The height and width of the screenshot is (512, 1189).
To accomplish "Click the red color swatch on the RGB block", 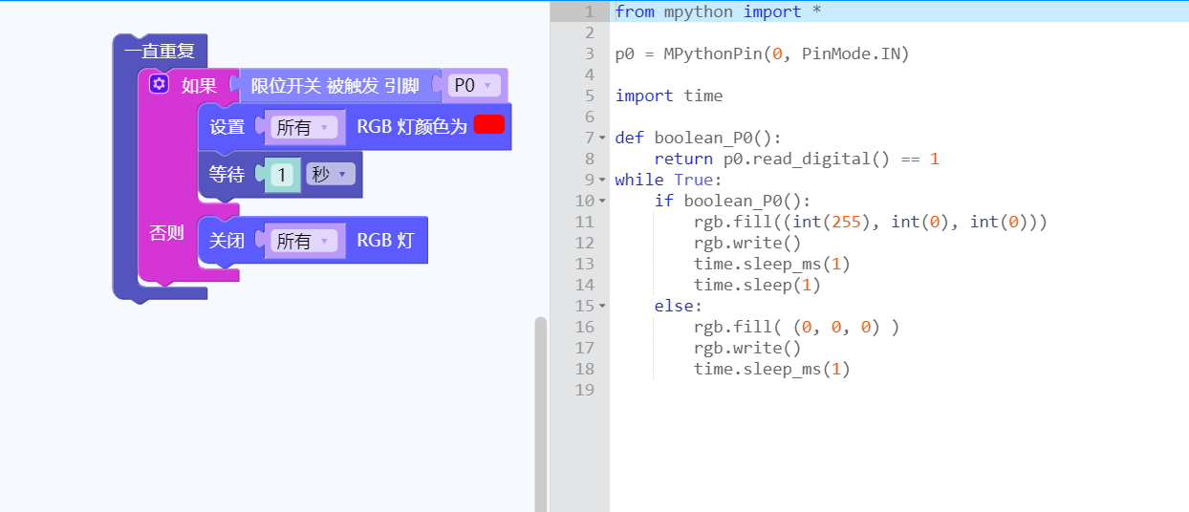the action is point(488,125).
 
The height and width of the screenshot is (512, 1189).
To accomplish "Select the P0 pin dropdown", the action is point(474,85).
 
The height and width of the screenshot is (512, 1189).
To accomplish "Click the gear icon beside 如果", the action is point(159,84).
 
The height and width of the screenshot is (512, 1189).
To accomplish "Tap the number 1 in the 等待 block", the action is point(282,175).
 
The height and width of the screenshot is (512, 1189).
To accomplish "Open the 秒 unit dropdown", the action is point(330,174).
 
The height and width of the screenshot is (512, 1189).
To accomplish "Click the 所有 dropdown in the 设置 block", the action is point(304,127).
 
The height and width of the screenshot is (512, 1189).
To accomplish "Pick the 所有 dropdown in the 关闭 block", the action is point(304,241).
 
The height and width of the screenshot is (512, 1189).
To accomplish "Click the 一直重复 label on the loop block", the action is point(160,51).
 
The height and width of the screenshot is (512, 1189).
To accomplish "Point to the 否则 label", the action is point(166,232).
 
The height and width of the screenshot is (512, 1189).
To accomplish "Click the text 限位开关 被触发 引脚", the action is point(335,85).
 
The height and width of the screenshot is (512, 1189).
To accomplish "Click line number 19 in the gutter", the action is point(584,390).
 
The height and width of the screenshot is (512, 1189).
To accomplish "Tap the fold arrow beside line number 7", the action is point(602,138).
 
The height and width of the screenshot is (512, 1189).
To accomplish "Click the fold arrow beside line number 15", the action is point(602,306).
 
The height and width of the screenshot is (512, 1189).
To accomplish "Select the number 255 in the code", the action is point(846,222).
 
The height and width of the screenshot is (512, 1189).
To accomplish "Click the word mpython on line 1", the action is point(698,11).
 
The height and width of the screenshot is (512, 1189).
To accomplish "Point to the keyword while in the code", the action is point(639,180).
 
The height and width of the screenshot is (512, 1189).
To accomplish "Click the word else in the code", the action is point(674,306).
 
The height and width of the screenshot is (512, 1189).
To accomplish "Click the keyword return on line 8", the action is point(683,159).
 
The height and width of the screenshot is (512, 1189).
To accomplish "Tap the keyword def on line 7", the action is point(630,138).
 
